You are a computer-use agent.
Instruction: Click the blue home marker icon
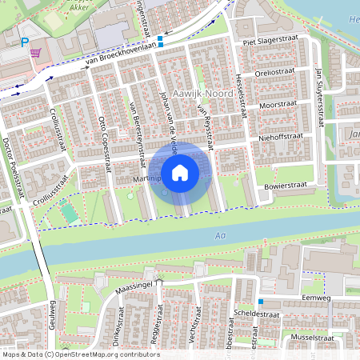pyautogui.click(x=180, y=172)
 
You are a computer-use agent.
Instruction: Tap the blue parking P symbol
pyautogui.click(x=24, y=42)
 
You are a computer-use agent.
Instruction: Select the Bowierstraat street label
pyautogui.click(x=287, y=185)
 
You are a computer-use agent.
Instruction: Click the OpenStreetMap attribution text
pyautogui.click(x=80, y=354)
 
